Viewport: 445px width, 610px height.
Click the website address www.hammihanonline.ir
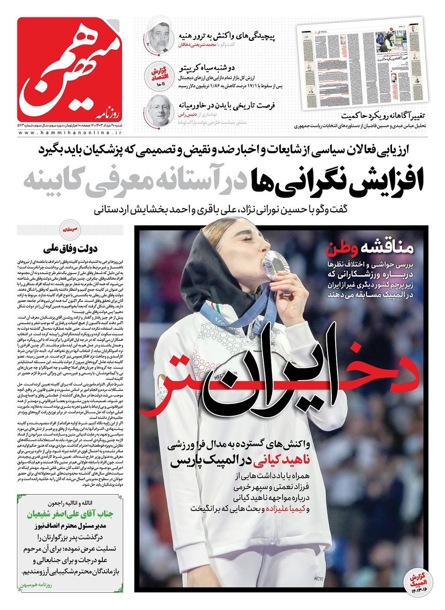point(73,134)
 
